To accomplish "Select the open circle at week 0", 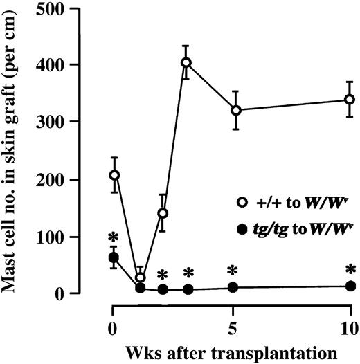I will tap(114, 175).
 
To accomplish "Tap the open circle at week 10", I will tap(350, 100).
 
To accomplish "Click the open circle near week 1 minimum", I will tap(141, 277).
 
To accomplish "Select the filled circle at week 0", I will tap(114, 257).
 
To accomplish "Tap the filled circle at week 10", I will tap(350, 286).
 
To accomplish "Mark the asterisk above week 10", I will tap(350, 269).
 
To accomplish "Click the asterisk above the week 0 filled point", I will tap(114, 237).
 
